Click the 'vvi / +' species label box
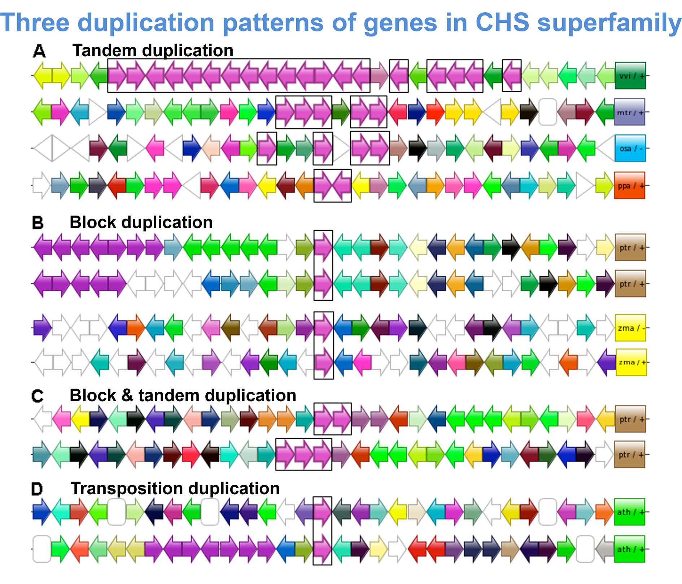tap(630, 76)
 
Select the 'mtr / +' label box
tap(630, 112)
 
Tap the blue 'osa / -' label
tap(630, 148)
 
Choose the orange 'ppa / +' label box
tap(630, 185)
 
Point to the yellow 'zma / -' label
tap(630, 328)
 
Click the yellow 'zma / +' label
tap(631, 362)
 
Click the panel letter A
tap(39, 51)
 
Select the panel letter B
tap(38, 223)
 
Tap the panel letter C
tap(38, 396)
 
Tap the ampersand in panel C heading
tap(127, 395)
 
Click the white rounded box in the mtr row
tap(548, 112)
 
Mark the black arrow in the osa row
tap(418, 148)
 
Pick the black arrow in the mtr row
tap(529, 112)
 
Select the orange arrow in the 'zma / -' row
tap(136, 328)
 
